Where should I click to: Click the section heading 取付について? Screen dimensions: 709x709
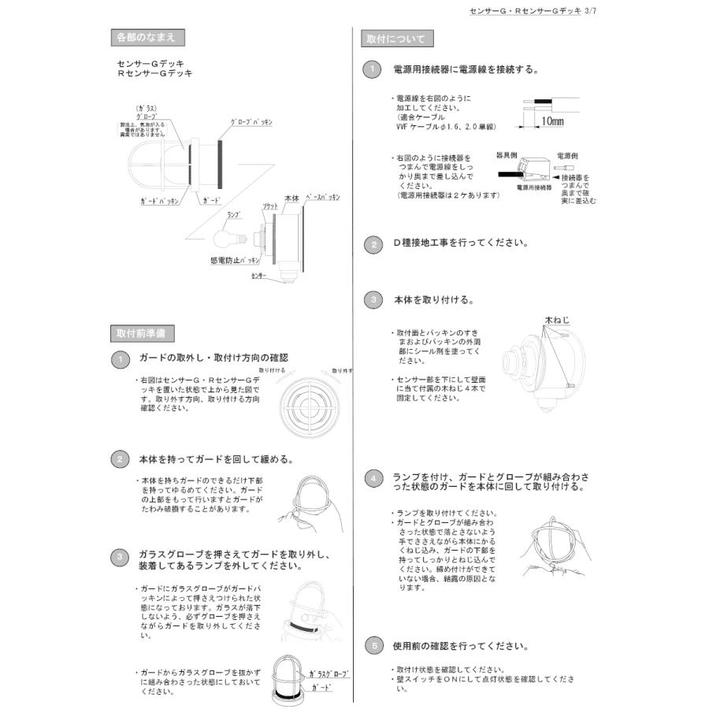[396, 39]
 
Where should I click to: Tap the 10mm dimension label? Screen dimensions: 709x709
[552, 121]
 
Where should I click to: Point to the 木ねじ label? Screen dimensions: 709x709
[555, 320]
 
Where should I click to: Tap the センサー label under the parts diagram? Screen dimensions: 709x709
[259, 277]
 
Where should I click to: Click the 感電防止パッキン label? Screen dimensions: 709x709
[235, 259]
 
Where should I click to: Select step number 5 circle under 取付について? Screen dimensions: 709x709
[373, 645]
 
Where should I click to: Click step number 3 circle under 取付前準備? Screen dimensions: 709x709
[119, 557]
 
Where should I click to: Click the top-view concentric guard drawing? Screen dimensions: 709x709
[307, 407]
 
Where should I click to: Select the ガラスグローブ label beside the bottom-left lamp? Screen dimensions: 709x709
[329, 675]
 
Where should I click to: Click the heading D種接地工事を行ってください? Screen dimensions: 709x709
[461, 243]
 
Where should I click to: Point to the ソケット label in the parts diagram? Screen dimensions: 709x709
[269, 205]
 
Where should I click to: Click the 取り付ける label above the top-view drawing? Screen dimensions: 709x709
[272, 369]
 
